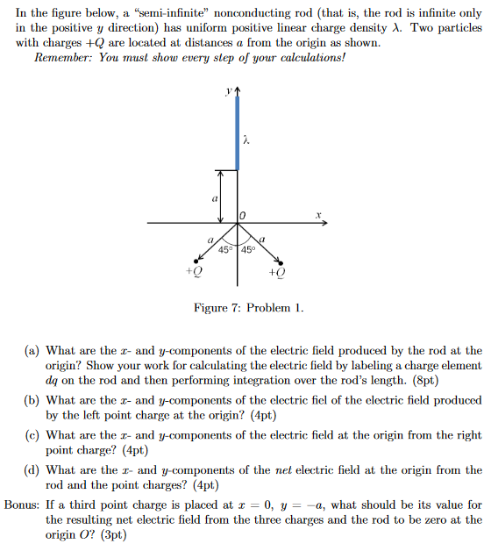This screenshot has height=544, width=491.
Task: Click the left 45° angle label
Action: point(226,250)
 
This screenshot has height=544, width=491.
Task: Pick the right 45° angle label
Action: point(246,250)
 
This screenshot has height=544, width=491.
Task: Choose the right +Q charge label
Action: point(277,273)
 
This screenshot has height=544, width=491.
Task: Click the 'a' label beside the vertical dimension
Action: point(214,200)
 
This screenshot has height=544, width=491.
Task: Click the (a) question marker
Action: point(31,350)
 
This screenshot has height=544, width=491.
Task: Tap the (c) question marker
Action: point(31,434)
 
